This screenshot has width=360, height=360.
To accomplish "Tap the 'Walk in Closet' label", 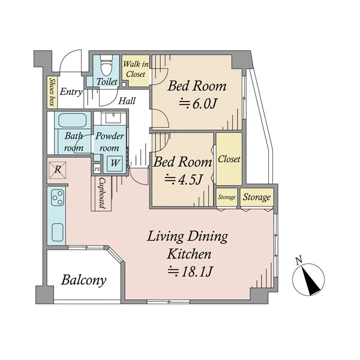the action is (136, 69).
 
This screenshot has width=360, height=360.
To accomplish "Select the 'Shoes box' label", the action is (52, 92).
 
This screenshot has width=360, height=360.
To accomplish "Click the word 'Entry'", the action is (71, 92).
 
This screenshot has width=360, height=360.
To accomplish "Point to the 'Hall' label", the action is (127, 101).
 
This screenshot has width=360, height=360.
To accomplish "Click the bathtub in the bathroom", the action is (73, 121).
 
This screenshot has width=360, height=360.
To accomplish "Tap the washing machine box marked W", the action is (115, 163).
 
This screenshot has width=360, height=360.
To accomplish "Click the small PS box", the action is (97, 169).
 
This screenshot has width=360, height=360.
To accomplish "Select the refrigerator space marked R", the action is (58, 170).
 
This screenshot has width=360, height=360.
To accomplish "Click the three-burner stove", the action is (58, 197).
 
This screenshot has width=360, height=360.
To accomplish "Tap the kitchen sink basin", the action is (58, 232).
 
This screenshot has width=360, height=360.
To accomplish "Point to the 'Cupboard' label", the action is (102, 193).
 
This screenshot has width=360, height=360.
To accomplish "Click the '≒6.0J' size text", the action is (197, 104).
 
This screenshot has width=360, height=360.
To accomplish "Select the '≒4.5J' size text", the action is (184, 179).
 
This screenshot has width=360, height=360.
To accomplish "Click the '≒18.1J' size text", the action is (190, 271).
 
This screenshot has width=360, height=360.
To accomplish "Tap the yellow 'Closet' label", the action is (229, 159).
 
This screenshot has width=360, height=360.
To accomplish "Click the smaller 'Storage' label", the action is (227, 197).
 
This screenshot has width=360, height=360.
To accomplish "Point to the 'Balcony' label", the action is (83, 280).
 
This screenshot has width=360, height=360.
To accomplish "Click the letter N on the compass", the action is (299, 260).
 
